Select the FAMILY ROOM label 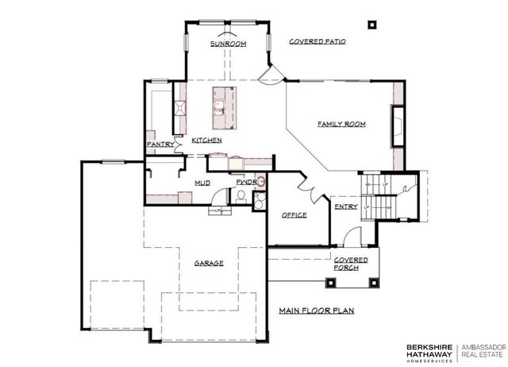pos(342,125)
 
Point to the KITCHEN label pos(206,141)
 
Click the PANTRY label pos(160,144)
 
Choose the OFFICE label pos(294,215)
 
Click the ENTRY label pos(346,207)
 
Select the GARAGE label pos(209,263)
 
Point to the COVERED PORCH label pos(349,264)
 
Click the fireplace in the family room pos(395,125)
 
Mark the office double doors pos(306,189)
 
